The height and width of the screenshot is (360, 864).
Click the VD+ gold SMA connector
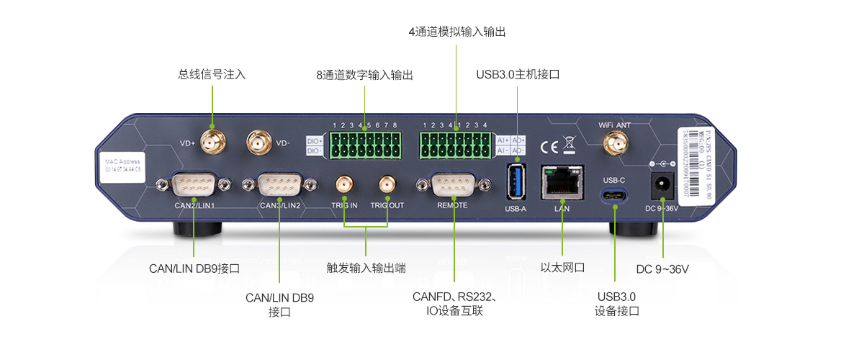click(x=212, y=142)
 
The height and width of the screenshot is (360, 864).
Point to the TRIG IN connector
click(x=344, y=185)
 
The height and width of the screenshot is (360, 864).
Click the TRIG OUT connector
click(x=387, y=185)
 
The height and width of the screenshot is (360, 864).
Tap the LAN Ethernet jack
click(x=562, y=182)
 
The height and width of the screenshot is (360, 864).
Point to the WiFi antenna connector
click(x=614, y=144)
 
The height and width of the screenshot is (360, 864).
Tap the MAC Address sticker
click(x=122, y=166)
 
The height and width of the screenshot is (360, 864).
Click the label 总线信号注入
click(x=212, y=73)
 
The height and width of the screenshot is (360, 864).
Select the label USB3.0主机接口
click(x=518, y=74)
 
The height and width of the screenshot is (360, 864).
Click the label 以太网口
click(x=562, y=268)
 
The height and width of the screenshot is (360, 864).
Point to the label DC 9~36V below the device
click(x=662, y=269)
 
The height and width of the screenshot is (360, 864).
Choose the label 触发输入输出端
click(x=366, y=268)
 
